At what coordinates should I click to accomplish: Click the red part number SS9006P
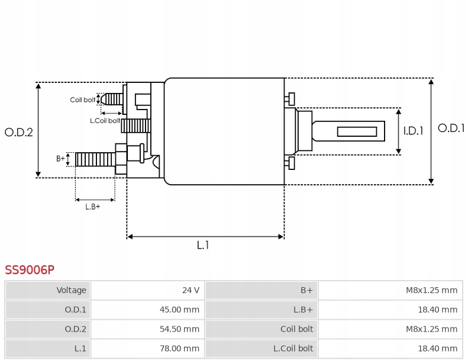[30, 270]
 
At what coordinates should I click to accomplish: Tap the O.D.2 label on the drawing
[18, 132]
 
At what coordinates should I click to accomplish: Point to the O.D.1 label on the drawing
[451, 128]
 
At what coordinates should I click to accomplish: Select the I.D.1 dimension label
[413, 131]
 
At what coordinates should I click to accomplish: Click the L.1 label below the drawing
[203, 245]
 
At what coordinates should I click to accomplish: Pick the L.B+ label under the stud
[92, 207]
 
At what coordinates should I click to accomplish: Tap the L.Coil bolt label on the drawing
[104, 121]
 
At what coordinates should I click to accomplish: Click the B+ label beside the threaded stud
[60, 159]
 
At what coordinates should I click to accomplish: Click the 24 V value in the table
[191, 290]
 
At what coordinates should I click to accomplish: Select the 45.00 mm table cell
[182, 309]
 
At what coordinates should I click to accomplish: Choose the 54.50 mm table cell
[182, 329]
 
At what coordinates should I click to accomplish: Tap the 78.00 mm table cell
[182, 348]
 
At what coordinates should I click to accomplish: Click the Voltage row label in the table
[72, 290]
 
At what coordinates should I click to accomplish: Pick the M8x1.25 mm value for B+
[431, 290]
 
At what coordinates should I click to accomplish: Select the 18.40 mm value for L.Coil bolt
[440, 348]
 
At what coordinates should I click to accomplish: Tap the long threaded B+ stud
[95, 159]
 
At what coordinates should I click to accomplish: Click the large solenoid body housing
[224, 131]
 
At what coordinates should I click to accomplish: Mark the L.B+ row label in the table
[303, 309]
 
